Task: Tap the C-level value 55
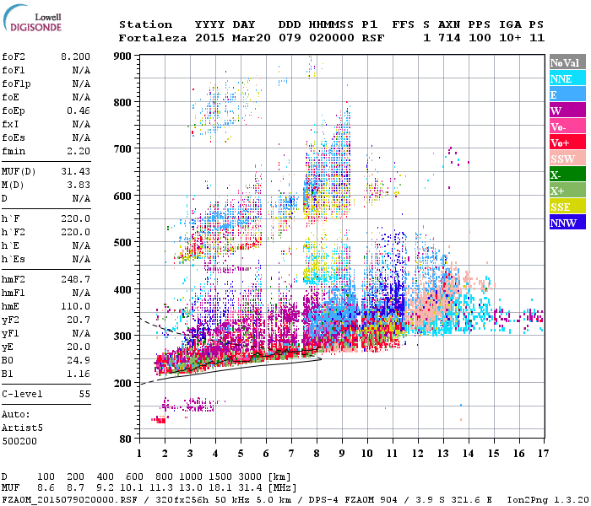coord(84,394)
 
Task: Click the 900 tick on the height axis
coord(123,56)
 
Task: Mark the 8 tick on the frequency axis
coord(316,453)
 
